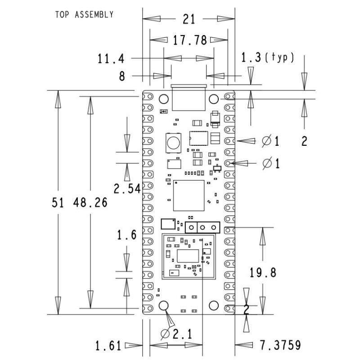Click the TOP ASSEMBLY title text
[84, 15]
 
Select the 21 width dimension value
[189, 20]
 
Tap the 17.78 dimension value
[189, 40]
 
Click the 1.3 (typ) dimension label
[267, 58]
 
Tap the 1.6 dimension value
[126, 235]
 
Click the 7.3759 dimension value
[280, 346]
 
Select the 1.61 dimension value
[108, 346]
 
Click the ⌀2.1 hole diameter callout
[176, 334]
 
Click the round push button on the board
[173, 144]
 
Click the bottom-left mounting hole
[163, 306]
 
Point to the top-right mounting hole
[214, 99]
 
